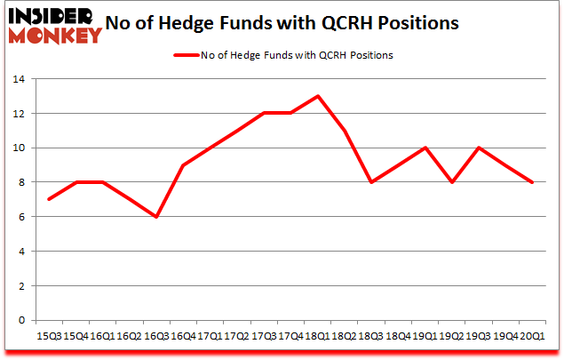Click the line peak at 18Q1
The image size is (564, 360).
pyautogui.click(x=317, y=96)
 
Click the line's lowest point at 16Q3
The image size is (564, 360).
pyautogui.click(x=156, y=217)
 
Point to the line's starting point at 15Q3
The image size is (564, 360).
pyautogui.click(x=48, y=199)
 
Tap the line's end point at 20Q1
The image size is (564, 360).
pyautogui.click(x=533, y=182)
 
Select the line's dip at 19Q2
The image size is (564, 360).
pyautogui.click(x=452, y=182)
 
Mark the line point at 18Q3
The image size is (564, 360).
pyautogui.click(x=371, y=182)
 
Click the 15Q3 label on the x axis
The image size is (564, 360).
pyautogui.click(x=48, y=336)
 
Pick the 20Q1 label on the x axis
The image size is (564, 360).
pyautogui.click(x=533, y=336)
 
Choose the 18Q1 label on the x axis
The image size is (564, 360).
pyautogui.click(x=317, y=336)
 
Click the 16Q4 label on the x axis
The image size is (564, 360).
pyautogui.click(x=183, y=336)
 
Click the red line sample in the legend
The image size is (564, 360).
pyautogui.click(x=185, y=55)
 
